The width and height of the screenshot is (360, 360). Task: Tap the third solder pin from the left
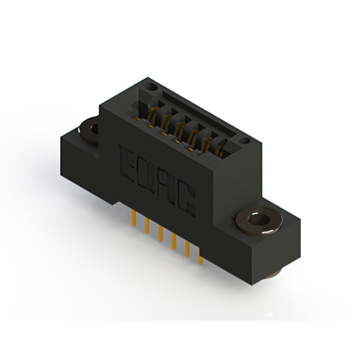pos(161,236)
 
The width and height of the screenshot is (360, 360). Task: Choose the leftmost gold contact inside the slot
pos(152,115)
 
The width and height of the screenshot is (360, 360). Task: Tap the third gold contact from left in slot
pos(179,130)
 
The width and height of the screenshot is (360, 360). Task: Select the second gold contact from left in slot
pos(166,123)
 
